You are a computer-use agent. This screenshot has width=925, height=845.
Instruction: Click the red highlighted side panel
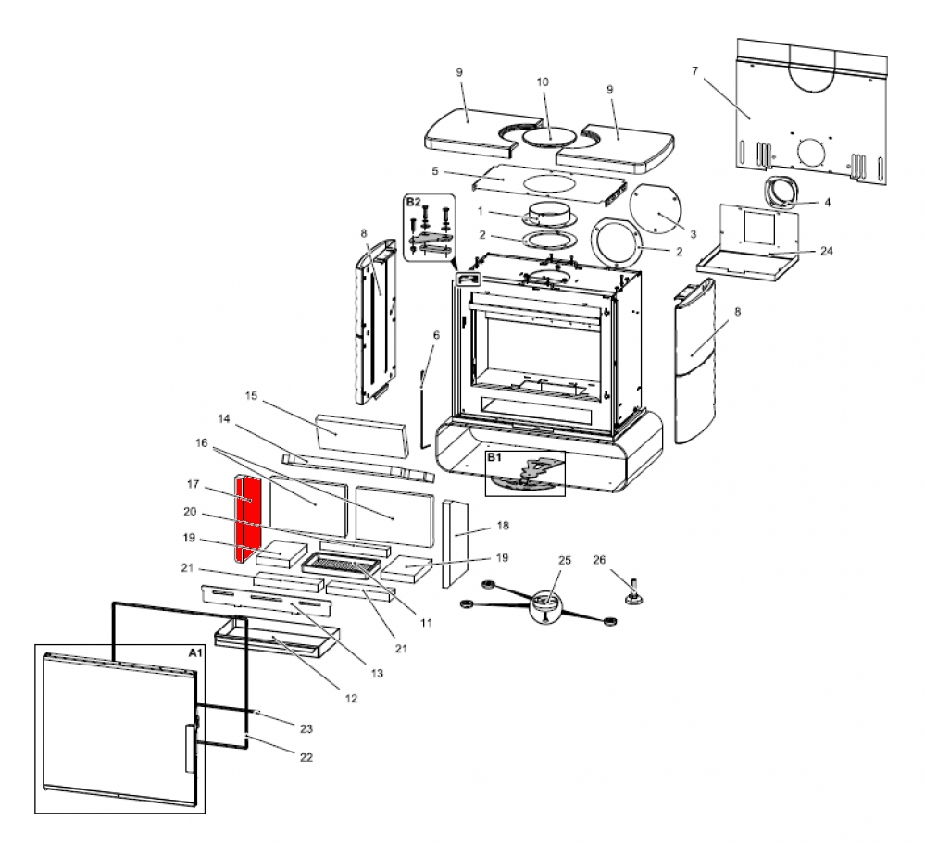[x=248, y=518]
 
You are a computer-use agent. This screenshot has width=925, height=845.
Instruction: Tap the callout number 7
[x=694, y=70]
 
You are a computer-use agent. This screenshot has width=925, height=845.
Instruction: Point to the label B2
[x=414, y=201]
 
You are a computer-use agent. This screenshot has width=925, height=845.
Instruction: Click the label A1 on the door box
[x=194, y=652]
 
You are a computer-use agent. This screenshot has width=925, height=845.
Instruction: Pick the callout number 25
[x=565, y=562]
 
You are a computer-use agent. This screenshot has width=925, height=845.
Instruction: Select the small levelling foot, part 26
[x=636, y=593]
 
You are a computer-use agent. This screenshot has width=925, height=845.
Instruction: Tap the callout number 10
[x=544, y=82]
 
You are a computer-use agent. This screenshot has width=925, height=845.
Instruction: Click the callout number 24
[x=826, y=251]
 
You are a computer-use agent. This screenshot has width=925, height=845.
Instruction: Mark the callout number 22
[x=306, y=757]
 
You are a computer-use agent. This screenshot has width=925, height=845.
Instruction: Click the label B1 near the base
[x=494, y=457]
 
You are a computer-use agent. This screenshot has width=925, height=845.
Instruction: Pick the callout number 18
[x=503, y=525]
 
